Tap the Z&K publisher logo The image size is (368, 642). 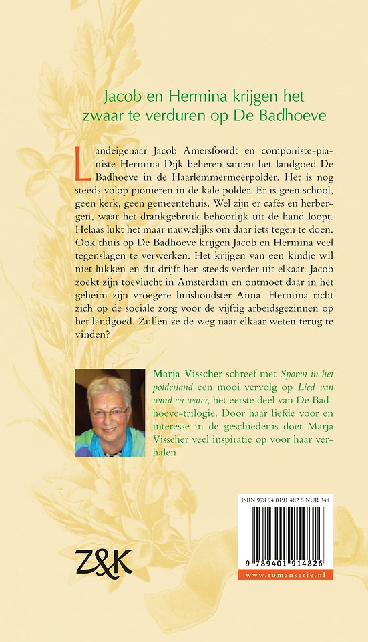pos(103,560)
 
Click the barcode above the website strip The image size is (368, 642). pos(294,534)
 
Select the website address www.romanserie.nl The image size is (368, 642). pos(294,574)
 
